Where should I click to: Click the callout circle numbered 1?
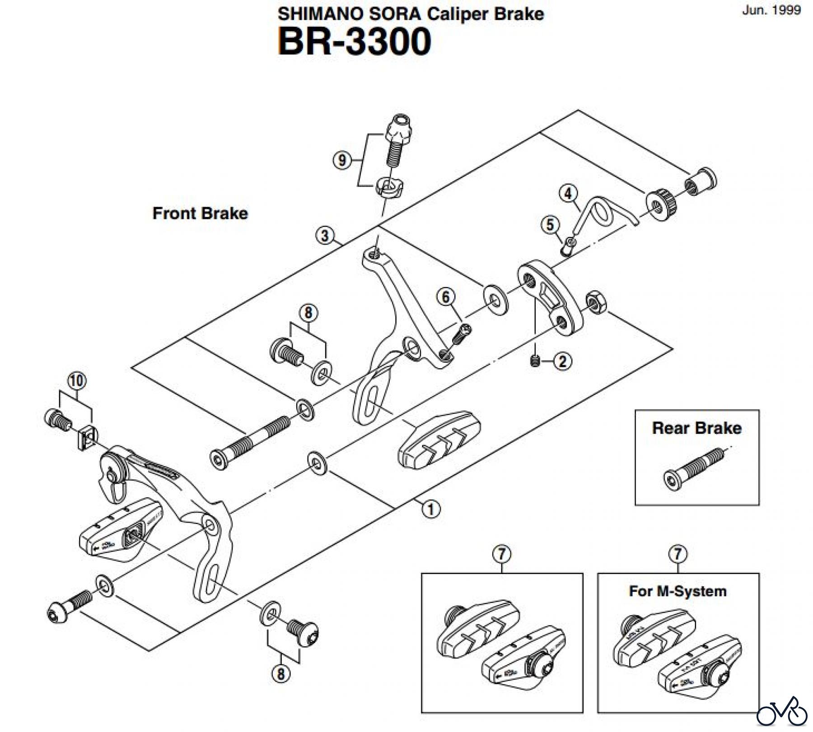[x=430, y=510]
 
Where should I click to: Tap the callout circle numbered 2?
[x=562, y=361]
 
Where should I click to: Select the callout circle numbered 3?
[x=325, y=236]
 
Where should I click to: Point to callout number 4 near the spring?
[x=568, y=194]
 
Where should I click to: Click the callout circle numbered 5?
[x=550, y=225]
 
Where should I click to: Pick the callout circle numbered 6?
[x=446, y=297]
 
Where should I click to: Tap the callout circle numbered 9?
[x=342, y=160]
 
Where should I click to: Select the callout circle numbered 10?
[x=76, y=381]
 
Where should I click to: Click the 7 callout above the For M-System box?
[x=677, y=554]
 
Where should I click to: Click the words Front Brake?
[x=200, y=213]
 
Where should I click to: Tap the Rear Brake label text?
[x=696, y=428]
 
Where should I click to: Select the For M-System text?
[x=677, y=591]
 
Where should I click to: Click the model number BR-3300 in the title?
[x=354, y=42]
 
